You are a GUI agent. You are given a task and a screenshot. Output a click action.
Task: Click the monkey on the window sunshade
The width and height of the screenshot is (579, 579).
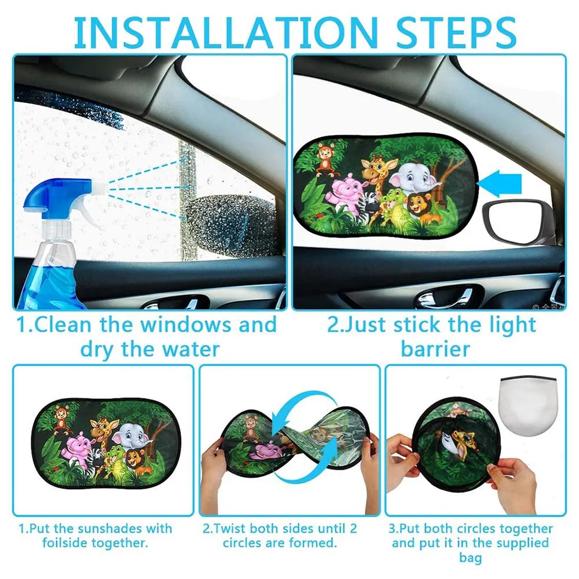(326, 157)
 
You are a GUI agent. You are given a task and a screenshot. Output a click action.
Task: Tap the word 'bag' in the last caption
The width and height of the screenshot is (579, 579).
(471, 558)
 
